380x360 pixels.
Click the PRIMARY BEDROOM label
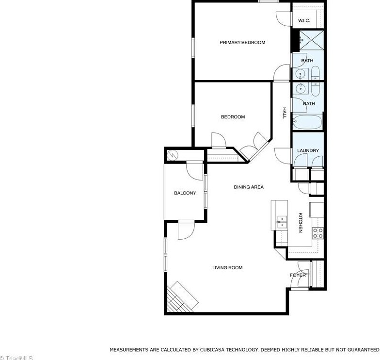pos(242,43)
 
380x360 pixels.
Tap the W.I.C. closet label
pos(304,20)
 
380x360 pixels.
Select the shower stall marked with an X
pos(311,41)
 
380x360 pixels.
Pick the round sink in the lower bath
pos(301,88)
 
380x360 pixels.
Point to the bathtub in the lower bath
pos(307,122)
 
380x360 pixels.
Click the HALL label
pos(285,113)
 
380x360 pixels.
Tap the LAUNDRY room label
pos(308,150)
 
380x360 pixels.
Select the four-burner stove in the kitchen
pos(317,233)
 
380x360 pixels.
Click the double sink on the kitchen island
pos(282,222)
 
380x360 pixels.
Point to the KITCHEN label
pos(301,222)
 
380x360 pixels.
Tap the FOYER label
pos(298,275)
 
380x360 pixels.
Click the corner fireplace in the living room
pos(181,297)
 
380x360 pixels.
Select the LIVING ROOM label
pos(227,268)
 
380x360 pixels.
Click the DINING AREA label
pos(249,187)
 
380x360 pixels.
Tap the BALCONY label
pos(185,193)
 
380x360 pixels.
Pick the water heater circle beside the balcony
pos(173,155)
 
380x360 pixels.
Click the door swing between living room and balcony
pos(186,230)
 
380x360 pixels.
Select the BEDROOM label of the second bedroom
pos(233,117)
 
